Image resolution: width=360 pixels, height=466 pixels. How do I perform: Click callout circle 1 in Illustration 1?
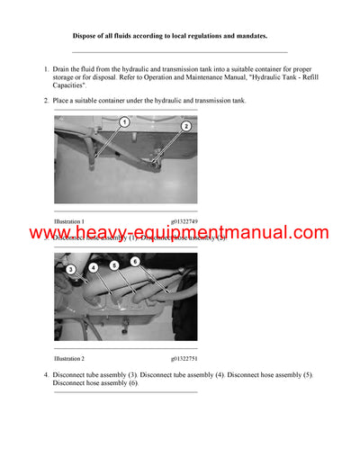(x=125, y=121)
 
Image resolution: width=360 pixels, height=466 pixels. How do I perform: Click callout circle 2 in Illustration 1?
(x=185, y=127)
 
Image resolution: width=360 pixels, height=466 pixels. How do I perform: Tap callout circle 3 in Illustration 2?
(x=70, y=269)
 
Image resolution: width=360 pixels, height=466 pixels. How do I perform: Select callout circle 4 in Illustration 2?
(x=94, y=267)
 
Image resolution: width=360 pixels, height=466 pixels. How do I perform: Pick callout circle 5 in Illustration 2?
(x=114, y=265)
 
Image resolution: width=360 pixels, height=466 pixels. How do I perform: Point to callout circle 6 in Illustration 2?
(x=134, y=261)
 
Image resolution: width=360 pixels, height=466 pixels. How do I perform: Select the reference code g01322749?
(x=184, y=220)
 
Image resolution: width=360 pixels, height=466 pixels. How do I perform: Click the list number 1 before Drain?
(x=46, y=68)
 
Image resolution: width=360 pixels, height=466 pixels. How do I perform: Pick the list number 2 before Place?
(x=46, y=100)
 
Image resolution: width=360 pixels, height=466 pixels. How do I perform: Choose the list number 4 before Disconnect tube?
(x=46, y=373)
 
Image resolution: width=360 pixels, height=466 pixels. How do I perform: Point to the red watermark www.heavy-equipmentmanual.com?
(x=179, y=234)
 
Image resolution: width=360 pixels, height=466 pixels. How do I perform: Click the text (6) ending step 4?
(x=132, y=383)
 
